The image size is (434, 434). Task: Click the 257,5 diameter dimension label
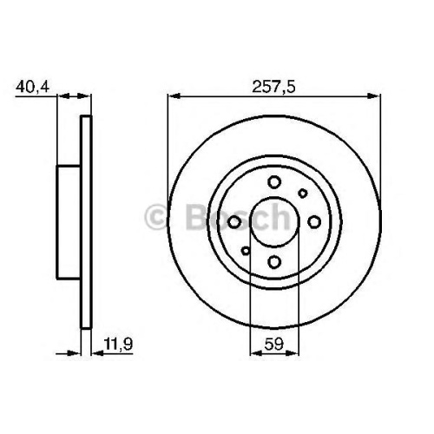pos(273,87)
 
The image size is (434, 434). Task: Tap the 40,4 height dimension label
pos(33,87)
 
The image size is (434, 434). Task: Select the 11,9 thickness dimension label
pos(118,344)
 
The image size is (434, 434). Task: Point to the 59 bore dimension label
pos(273,344)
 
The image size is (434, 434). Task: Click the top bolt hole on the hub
pos(274,182)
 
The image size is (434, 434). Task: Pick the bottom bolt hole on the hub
pos(274,262)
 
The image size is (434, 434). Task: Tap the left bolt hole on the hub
pos(234,222)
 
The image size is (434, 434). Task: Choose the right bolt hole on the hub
pos(314,222)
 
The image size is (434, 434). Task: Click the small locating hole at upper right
pos(303,193)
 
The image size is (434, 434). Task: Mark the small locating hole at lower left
pos(246,251)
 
